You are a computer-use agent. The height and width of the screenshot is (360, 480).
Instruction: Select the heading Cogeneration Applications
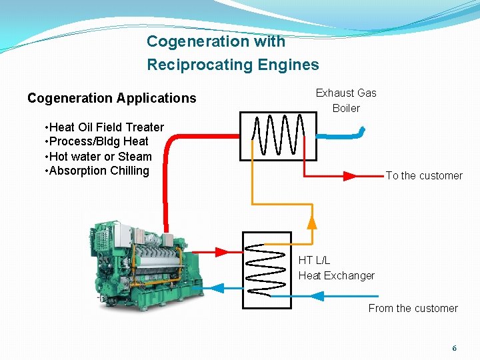pos(112,98)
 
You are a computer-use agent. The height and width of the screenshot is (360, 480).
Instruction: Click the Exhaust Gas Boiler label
pos(346,100)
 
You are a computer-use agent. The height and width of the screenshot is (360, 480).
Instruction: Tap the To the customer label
pos(424,176)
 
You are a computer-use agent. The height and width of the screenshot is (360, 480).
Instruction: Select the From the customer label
pos(413,308)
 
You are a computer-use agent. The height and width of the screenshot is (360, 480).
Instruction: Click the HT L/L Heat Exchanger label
pos(336,268)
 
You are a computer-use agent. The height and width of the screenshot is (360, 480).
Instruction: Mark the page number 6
pos(455,348)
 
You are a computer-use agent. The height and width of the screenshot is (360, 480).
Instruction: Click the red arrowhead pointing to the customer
pos(350,177)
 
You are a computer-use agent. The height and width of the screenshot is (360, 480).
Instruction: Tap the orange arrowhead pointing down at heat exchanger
pos(311,221)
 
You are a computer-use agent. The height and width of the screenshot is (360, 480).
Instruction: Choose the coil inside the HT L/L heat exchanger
pos(266,269)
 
